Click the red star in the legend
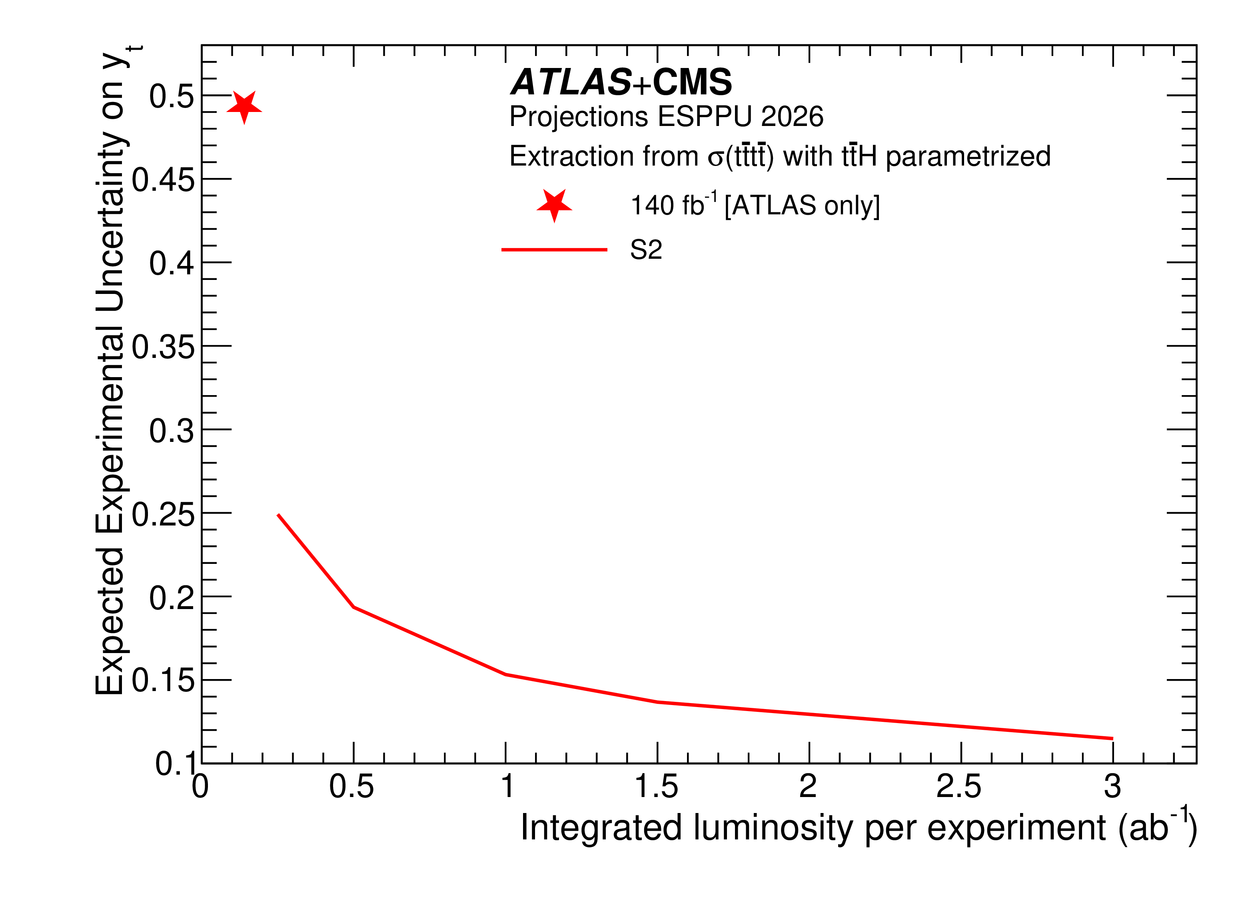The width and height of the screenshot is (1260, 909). [x=554, y=205]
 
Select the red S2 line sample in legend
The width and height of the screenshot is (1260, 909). [x=554, y=250]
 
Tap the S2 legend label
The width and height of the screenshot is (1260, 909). [x=645, y=250]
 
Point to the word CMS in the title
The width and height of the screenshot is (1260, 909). [x=692, y=82]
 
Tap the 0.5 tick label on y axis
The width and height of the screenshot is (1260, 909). [x=171, y=96]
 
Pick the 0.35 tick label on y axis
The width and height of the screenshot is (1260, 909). [x=163, y=347]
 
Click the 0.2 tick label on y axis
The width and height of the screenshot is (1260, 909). [x=171, y=598]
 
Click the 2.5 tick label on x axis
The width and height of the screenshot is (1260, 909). [x=958, y=787]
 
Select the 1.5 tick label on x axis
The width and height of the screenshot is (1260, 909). [x=656, y=787]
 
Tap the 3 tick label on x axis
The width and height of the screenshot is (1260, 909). [x=1112, y=787]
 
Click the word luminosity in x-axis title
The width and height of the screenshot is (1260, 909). [x=773, y=828]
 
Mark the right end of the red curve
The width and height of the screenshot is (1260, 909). [x=1112, y=738]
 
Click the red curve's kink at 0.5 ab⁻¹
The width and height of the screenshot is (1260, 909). [x=353, y=607]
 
